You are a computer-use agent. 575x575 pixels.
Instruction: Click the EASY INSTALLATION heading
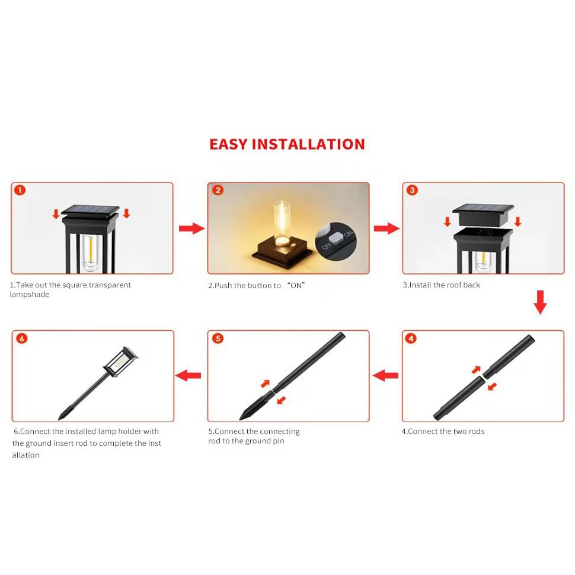click(287, 144)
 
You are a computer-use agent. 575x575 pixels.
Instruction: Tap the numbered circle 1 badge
click(20, 190)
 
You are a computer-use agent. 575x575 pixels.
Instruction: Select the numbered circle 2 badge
click(218, 190)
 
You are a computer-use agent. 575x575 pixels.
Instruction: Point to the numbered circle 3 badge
click(412, 190)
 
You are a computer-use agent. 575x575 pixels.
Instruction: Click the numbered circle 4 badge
click(411, 338)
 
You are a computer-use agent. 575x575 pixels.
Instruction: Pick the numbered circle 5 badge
click(218, 338)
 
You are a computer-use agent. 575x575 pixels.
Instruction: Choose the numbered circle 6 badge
click(22, 338)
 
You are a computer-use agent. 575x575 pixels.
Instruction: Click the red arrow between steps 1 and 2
click(192, 228)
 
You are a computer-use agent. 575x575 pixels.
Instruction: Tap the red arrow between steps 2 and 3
click(387, 228)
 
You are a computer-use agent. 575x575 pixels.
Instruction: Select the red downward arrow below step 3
click(540, 302)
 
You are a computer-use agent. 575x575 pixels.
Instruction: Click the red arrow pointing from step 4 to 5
click(385, 375)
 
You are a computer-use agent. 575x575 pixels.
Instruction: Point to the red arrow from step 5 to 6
click(188, 375)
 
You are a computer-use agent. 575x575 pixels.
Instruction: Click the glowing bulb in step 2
click(282, 223)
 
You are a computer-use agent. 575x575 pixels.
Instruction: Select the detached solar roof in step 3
click(483, 215)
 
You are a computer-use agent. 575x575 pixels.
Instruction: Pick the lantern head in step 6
click(120, 362)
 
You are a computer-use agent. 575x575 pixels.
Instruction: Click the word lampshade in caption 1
click(29, 295)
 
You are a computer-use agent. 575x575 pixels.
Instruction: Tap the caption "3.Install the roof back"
click(441, 285)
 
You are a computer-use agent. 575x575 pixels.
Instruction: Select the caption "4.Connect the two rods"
click(443, 432)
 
